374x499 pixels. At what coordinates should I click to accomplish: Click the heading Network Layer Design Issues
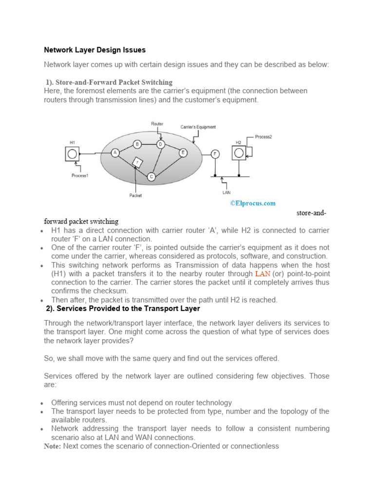pyautogui.click(x=94, y=50)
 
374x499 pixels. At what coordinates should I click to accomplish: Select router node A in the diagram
pyautogui.click(x=115, y=153)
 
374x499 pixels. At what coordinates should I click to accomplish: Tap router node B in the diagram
pyautogui.click(x=137, y=144)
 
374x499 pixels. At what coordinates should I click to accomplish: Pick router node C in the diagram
pyautogui.click(x=151, y=176)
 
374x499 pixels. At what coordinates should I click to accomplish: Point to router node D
pyautogui.click(x=160, y=144)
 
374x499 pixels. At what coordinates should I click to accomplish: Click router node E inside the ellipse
pyautogui.click(x=183, y=153)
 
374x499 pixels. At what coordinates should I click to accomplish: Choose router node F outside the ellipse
pyautogui.click(x=215, y=154)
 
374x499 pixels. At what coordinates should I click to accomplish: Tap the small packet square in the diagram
pyautogui.click(x=138, y=162)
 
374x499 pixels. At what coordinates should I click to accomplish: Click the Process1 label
pyautogui.click(x=80, y=175)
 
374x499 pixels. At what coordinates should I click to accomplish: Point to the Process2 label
pyautogui.click(x=264, y=137)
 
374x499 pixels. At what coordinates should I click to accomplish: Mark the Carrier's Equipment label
pyautogui.click(x=198, y=127)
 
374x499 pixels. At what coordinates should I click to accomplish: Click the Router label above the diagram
pyautogui.click(x=157, y=124)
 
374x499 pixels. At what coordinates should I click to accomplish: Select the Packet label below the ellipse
pyautogui.click(x=135, y=195)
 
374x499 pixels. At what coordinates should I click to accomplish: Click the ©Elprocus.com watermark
pyautogui.click(x=253, y=203)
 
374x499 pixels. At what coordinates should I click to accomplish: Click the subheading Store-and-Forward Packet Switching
pyautogui.click(x=109, y=82)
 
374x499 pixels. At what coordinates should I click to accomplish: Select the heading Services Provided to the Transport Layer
pyautogui.click(x=123, y=309)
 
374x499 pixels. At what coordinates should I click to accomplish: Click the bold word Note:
pyautogui.click(x=53, y=446)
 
